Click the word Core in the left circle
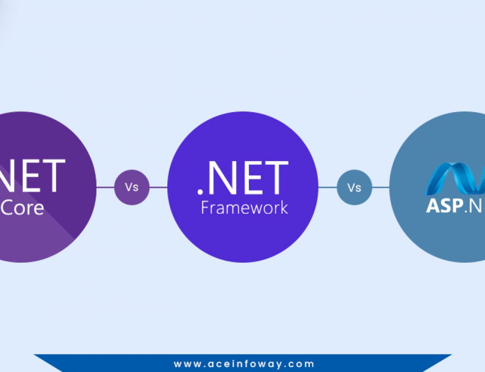[23, 207]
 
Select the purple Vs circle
[132, 187]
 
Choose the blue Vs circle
[355, 187]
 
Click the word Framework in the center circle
[244, 207]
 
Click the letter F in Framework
[205, 207]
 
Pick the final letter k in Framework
[284, 207]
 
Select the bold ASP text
[442, 205]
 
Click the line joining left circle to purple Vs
[105, 187]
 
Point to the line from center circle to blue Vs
[328, 187]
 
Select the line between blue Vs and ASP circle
[381, 187]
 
